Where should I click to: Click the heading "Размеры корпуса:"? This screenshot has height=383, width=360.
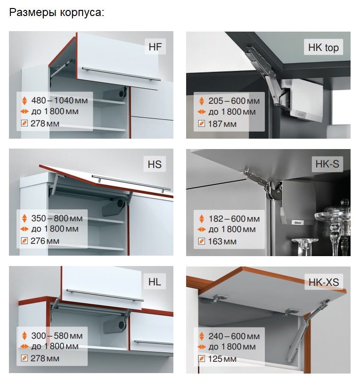[x=57, y=12]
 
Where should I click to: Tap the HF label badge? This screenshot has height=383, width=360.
[x=155, y=46]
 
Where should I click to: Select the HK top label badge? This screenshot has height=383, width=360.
[x=323, y=47]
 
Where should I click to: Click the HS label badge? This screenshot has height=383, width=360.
[x=155, y=164]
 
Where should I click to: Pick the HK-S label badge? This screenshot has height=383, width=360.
[x=327, y=164]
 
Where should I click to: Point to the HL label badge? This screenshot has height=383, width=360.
[x=155, y=282]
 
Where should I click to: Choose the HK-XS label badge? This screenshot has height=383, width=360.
[x=324, y=282]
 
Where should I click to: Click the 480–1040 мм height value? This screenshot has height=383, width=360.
[x=59, y=100]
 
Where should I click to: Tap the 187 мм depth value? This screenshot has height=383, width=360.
[x=222, y=124]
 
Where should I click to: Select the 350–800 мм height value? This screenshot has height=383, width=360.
[x=57, y=218]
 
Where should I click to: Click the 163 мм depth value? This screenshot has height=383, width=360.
[x=222, y=241]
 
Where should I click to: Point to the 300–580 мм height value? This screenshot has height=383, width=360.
[x=57, y=336]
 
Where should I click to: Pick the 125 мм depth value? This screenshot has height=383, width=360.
[x=222, y=359]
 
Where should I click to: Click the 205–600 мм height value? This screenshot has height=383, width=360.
[x=234, y=100]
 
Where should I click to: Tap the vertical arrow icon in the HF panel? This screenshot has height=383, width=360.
[x=25, y=100]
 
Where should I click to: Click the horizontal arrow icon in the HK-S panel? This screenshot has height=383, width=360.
[x=202, y=229]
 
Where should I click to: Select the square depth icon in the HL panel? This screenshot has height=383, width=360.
[x=25, y=358]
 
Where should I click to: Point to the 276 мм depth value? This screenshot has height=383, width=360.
[x=45, y=241]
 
